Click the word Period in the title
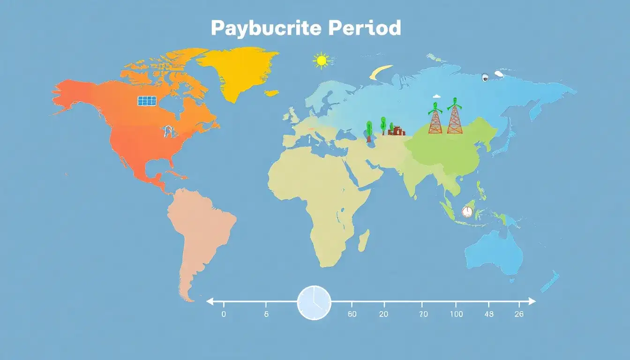point(364,28)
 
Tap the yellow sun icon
point(322,61)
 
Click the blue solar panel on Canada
point(147,101)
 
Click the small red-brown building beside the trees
point(397,131)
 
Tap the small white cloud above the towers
point(436,96)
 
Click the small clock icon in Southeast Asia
point(467,211)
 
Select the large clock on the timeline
point(314,302)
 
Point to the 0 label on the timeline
point(224,315)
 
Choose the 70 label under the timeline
point(423,315)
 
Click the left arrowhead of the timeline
point(210,301)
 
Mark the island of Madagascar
point(364,240)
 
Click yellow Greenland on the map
point(234,70)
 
